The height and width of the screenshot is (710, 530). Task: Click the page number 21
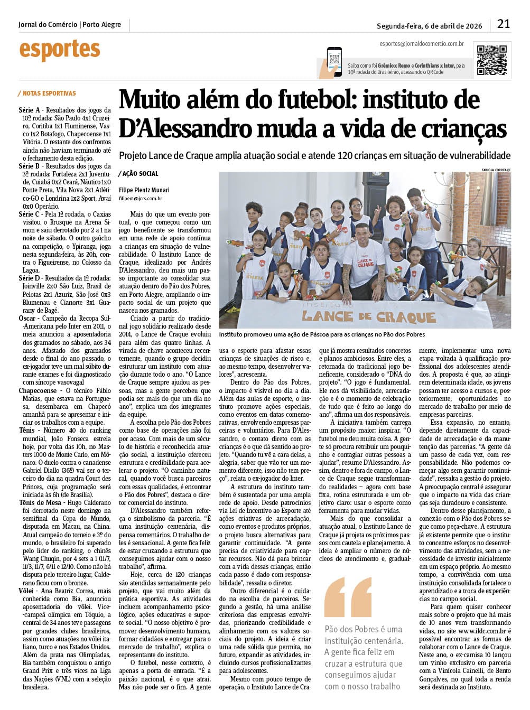point(504,24)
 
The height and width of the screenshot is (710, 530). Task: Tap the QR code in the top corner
point(492,60)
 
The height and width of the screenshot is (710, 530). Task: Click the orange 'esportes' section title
point(59,50)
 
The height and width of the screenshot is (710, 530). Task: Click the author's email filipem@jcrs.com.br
point(141,199)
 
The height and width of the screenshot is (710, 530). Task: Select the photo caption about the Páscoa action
point(322,334)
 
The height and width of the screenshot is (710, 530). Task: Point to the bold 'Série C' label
point(29,214)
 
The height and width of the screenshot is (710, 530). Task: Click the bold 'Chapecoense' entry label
point(38,391)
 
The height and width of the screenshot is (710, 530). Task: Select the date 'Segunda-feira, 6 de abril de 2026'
point(429,25)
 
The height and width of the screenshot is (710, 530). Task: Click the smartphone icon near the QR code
point(334,62)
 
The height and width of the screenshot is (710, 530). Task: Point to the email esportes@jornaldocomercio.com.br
point(421,44)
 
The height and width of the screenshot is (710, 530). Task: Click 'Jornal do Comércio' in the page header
point(48,24)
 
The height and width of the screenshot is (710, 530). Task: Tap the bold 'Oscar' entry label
point(27,319)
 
